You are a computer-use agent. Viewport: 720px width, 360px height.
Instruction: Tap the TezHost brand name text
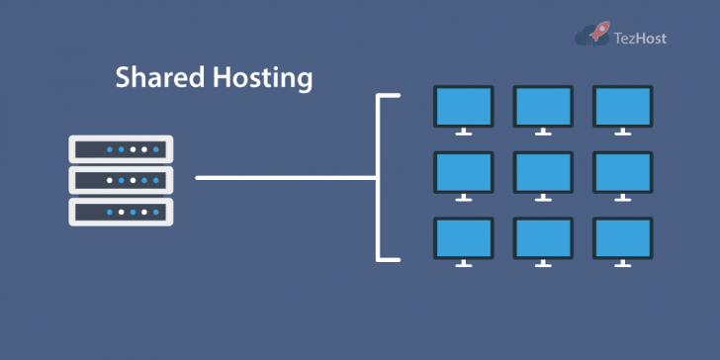pyautogui.click(x=641, y=38)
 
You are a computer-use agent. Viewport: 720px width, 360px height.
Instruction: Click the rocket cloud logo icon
pyautogui.click(x=593, y=36)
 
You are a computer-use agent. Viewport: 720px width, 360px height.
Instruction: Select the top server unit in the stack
pyautogui.click(x=121, y=149)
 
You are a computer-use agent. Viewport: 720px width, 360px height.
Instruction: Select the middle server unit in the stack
pyautogui.click(x=121, y=180)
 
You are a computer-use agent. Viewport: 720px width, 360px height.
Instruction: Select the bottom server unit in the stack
pyautogui.click(x=121, y=211)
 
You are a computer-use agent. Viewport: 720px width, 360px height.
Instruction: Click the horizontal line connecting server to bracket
pyautogui.click(x=285, y=178)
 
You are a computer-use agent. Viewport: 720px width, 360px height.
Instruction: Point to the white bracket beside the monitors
pyautogui.click(x=380, y=178)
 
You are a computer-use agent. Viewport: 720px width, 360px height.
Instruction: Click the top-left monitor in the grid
pyautogui.click(x=464, y=105)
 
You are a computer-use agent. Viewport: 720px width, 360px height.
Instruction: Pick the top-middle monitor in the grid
pyautogui.click(x=543, y=105)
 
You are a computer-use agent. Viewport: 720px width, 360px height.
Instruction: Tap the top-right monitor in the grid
pyautogui.click(x=622, y=105)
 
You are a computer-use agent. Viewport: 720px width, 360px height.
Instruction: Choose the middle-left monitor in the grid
pyautogui.click(x=464, y=171)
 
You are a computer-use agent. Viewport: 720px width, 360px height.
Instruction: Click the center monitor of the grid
pyautogui.click(x=543, y=171)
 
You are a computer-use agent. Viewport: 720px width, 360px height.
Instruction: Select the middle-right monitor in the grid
pyautogui.click(x=622, y=171)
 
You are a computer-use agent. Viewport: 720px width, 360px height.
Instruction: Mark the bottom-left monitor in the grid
pyautogui.click(x=464, y=237)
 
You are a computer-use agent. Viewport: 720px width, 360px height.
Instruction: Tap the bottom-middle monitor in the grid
pyautogui.click(x=543, y=237)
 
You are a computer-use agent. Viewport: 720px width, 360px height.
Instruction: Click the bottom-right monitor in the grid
pyautogui.click(x=622, y=237)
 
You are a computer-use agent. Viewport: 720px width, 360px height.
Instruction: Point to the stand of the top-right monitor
pyautogui.click(x=622, y=131)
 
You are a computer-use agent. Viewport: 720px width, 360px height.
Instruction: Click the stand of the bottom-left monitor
pyautogui.click(x=464, y=263)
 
